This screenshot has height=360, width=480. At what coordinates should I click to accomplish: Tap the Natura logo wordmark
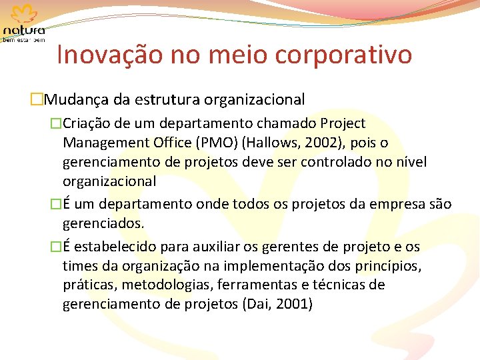[x=24, y=31]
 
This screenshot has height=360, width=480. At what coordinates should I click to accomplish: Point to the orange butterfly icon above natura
[x=24, y=14]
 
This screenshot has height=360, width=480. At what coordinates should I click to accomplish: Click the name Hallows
[x=271, y=143]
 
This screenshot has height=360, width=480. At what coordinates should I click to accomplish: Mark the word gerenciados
[x=103, y=223]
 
